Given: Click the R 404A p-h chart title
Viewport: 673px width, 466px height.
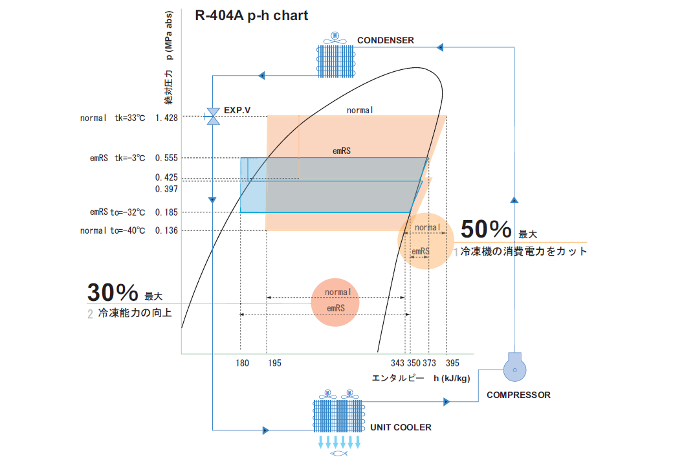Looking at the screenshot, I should [252, 16].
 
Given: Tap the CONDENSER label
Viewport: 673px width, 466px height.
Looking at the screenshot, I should [386, 40].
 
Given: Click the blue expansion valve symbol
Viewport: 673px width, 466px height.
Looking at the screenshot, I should [212, 116].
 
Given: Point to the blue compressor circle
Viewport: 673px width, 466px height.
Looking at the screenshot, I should [514, 370].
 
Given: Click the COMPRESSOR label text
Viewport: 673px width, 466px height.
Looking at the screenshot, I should [518, 395].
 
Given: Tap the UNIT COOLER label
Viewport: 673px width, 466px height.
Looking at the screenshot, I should [401, 428].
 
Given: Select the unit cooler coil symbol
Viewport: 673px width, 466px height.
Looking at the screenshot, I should [339, 416].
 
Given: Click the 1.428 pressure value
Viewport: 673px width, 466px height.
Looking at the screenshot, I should [166, 118].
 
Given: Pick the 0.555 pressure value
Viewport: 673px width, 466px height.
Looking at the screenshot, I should [166, 158].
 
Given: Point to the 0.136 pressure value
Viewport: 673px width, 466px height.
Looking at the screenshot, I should [166, 230].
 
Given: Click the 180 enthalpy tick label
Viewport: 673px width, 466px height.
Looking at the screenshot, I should [242, 363].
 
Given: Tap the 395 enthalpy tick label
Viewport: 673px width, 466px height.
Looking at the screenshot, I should [452, 363].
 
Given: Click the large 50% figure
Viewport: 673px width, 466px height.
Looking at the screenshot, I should [485, 229].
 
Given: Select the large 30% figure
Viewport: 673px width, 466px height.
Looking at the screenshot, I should [112, 293].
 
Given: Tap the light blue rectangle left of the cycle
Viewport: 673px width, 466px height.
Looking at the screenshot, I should [252, 185].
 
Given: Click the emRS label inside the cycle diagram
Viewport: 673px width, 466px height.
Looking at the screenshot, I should [342, 151].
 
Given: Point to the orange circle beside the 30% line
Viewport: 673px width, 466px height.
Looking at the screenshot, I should [335, 302].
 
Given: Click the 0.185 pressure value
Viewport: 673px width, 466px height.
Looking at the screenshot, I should [166, 212].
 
